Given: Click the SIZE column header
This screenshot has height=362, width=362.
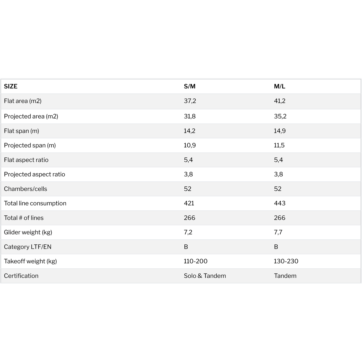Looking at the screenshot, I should point(11,86).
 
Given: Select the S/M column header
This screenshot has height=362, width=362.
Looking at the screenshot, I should point(189,86).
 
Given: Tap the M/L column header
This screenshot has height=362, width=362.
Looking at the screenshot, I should point(279,86).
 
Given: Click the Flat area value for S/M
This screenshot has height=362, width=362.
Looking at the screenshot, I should point(190,101).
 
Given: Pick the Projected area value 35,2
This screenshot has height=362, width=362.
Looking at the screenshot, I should point(280,116).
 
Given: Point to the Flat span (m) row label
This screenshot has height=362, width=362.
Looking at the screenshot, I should point(22,131).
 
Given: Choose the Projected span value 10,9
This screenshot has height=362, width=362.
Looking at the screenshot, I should point(190,145).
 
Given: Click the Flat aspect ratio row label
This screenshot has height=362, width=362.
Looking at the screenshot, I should point(26,160).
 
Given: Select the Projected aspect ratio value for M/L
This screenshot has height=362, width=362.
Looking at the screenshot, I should point(278,174).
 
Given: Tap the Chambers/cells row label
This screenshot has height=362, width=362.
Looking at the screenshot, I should point(26,189).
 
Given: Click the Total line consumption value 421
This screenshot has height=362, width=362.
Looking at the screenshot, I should point(189,203).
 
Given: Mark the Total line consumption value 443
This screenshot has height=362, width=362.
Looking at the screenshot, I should point(280,203).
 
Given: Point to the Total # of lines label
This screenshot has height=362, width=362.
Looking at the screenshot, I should point(24,218).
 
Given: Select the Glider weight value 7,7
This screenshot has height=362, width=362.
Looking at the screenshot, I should point(278,232).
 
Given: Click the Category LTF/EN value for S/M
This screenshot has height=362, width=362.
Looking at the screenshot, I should point(186,247).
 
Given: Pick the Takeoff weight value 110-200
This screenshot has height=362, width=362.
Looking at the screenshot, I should point(195,261).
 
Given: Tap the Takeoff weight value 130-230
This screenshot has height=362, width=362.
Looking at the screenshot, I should point(286,261).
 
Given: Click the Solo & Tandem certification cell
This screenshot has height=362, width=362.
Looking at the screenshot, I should point(205,276).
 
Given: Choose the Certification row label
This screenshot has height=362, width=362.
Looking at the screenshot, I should point(21,276).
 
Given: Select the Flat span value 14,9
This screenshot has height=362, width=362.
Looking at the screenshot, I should point(280,131).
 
